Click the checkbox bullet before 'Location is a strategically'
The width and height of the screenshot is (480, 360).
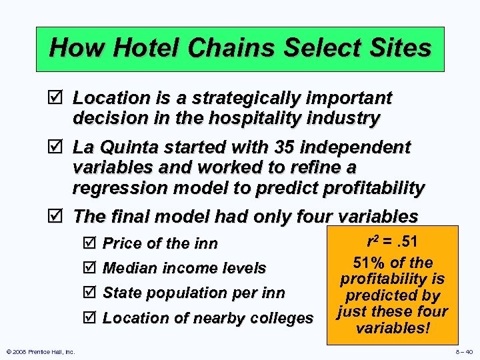click(x=58, y=99)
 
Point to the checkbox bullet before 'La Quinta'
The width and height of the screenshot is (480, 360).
click(x=58, y=147)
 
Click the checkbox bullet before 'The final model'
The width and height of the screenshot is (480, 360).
click(x=58, y=217)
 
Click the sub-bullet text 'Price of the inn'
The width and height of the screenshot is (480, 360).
click(x=160, y=244)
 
